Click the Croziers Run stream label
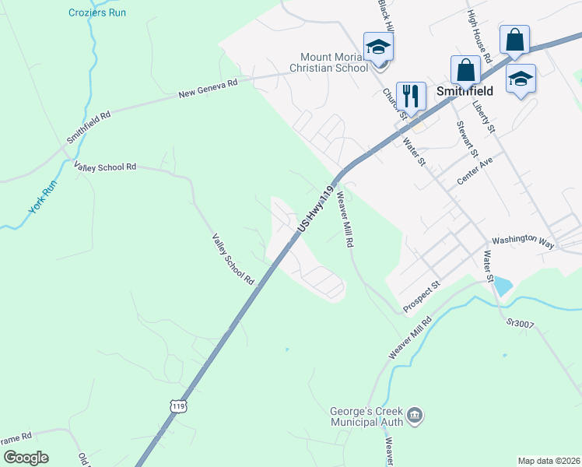96,12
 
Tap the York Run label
43,198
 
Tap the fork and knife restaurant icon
411,97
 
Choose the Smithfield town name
465,90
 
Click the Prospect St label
422,297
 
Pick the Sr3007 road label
521,322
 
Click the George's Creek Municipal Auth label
367,416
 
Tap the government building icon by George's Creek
415,416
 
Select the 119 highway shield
179,406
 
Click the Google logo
26,458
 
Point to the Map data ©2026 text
548,460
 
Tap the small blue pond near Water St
503,286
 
